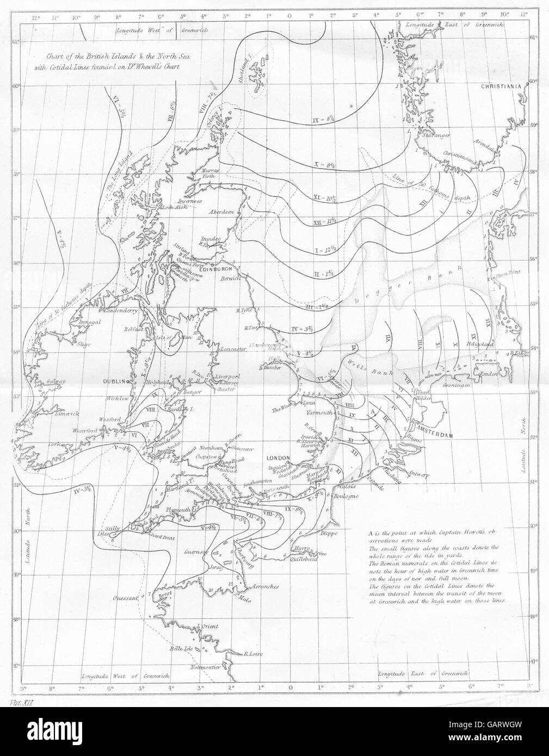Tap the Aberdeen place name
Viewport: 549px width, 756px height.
(220, 211)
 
